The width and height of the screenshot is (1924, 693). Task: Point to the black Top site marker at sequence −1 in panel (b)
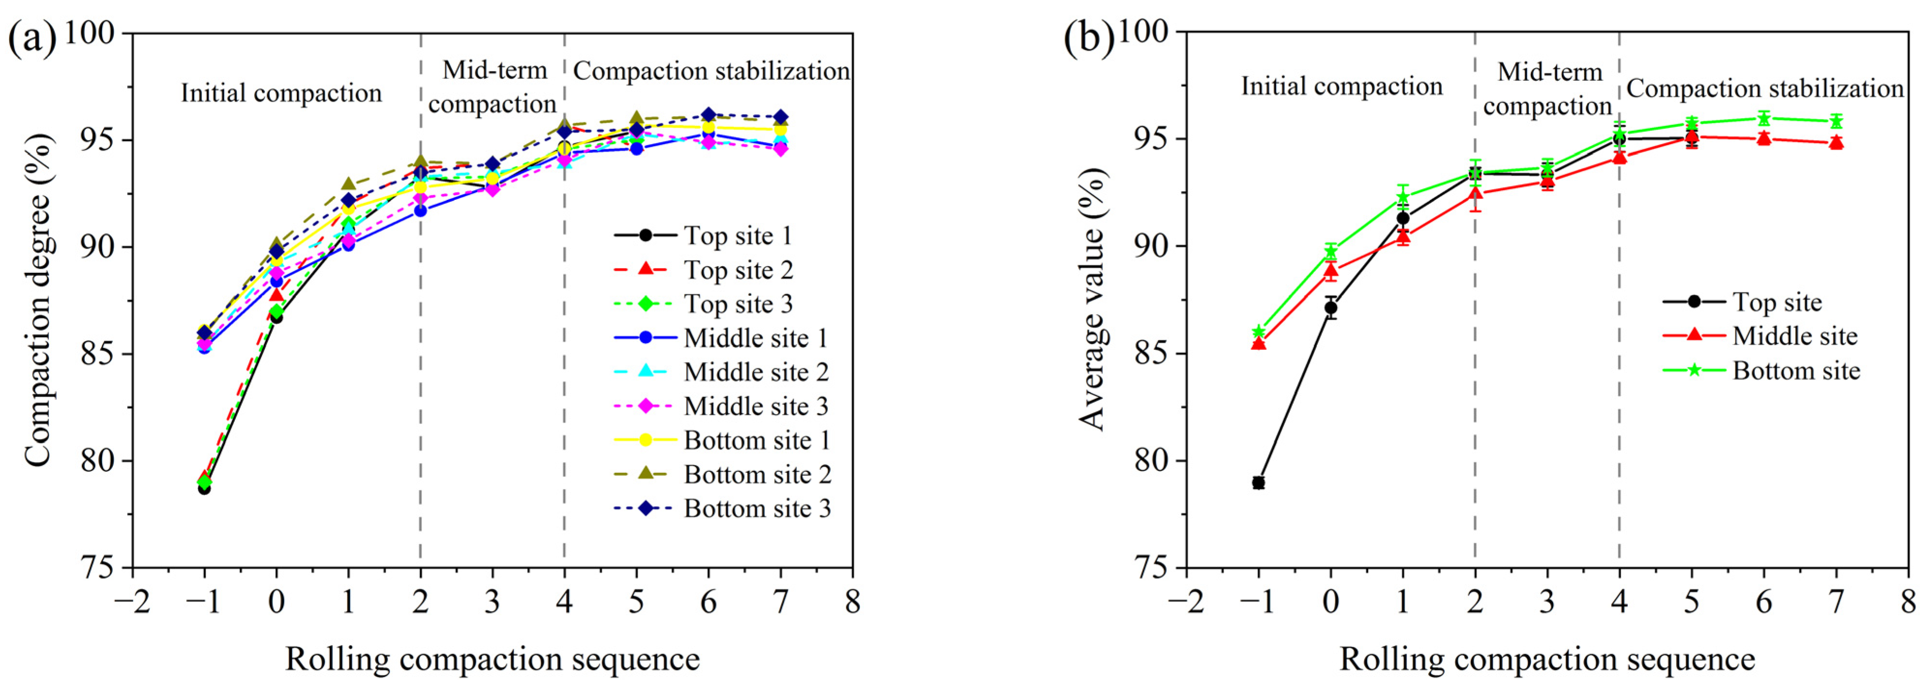tap(1258, 482)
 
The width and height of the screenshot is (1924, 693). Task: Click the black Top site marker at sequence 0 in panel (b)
tap(1331, 307)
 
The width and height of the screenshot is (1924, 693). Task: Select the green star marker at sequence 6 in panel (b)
tap(1764, 118)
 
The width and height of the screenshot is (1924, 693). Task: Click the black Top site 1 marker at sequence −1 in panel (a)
tap(204, 488)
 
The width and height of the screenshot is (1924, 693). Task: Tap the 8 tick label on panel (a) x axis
tap(852, 601)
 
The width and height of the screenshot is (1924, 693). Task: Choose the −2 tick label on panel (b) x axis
tap(1185, 601)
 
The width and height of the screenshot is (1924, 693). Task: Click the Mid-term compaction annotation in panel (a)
tap(493, 88)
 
